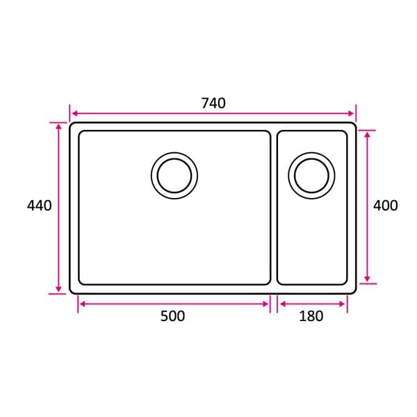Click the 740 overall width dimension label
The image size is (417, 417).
tap(213, 103)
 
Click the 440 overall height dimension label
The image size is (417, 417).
tap(40, 206)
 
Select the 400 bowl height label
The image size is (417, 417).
tap(385, 206)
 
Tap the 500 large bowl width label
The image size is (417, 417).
tap(172, 316)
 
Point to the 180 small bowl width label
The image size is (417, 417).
tap(311, 316)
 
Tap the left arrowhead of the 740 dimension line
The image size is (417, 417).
tap(75, 113)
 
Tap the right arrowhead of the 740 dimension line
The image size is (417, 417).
tap(351, 113)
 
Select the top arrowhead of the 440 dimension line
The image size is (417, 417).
tap(59, 127)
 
